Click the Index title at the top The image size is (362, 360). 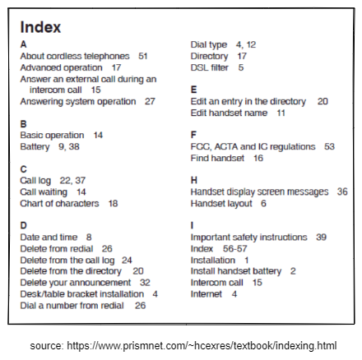click(x=39, y=27)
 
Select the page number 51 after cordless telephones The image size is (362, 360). click(x=143, y=56)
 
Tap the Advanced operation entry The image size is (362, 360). click(x=61, y=67)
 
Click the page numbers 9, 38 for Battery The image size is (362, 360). click(x=69, y=146)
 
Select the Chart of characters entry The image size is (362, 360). click(x=58, y=203)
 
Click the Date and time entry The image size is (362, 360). click(x=50, y=237)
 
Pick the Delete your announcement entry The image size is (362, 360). click(x=73, y=282)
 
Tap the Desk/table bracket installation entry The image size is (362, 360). click(x=80, y=293)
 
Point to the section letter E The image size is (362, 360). click(x=193, y=90)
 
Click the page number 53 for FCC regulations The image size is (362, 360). click(x=329, y=146)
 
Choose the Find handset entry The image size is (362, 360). click(x=218, y=158)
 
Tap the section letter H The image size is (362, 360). click(x=194, y=180)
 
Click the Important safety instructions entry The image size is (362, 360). click(x=248, y=237)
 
